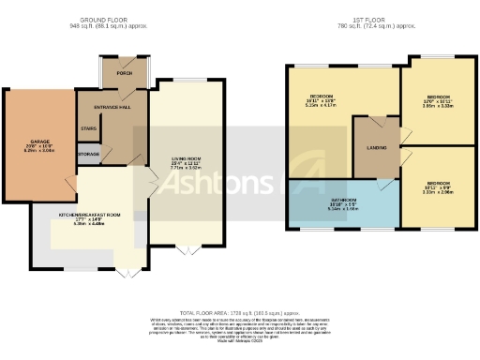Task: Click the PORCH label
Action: click(124, 72)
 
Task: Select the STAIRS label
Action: click(89, 128)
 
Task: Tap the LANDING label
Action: click(377, 147)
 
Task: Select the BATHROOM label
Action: click(342, 200)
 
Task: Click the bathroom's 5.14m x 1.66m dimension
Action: click(342, 209)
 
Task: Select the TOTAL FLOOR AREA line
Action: click(239, 311)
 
